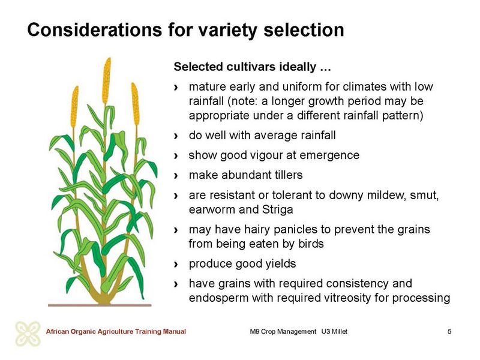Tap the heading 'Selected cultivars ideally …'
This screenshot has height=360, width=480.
point(252,67)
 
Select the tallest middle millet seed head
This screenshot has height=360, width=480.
point(106,81)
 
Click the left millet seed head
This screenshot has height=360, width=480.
point(74,107)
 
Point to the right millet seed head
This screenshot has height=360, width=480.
point(136,104)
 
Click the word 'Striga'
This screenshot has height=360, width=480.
point(277,209)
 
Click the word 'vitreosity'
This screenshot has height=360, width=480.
point(344,298)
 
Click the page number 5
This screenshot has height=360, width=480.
point(449,331)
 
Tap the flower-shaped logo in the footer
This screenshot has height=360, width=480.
point(28,334)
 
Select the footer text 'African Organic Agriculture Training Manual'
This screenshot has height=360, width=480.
point(116,332)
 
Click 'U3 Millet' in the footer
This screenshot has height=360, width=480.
point(334,332)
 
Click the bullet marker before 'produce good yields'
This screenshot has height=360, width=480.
point(176,264)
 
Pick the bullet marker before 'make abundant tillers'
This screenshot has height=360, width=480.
point(176,176)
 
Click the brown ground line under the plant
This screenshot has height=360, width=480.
point(100,305)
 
